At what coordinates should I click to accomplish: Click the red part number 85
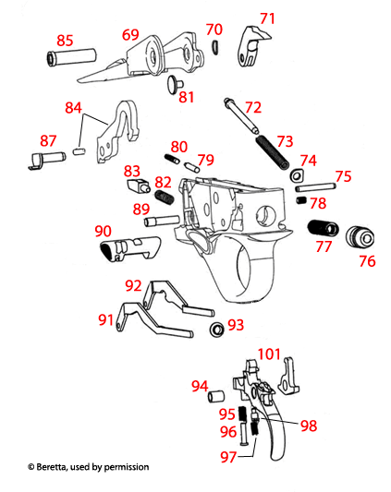coord(65,41)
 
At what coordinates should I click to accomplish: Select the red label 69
coord(130,34)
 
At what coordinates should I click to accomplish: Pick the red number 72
coord(252,107)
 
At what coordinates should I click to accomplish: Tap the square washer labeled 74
coord(297,177)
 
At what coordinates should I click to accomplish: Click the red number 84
coord(73,109)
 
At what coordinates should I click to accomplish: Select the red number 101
coord(269,354)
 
